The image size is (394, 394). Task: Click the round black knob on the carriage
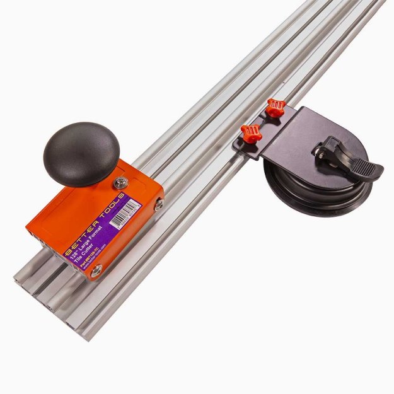pyautogui.click(x=81, y=153)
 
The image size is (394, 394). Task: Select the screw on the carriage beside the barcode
pyautogui.click(x=159, y=203)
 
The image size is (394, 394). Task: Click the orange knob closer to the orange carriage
pyautogui.click(x=250, y=132)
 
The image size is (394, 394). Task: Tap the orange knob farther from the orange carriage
pyautogui.click(x=275, y=107)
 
